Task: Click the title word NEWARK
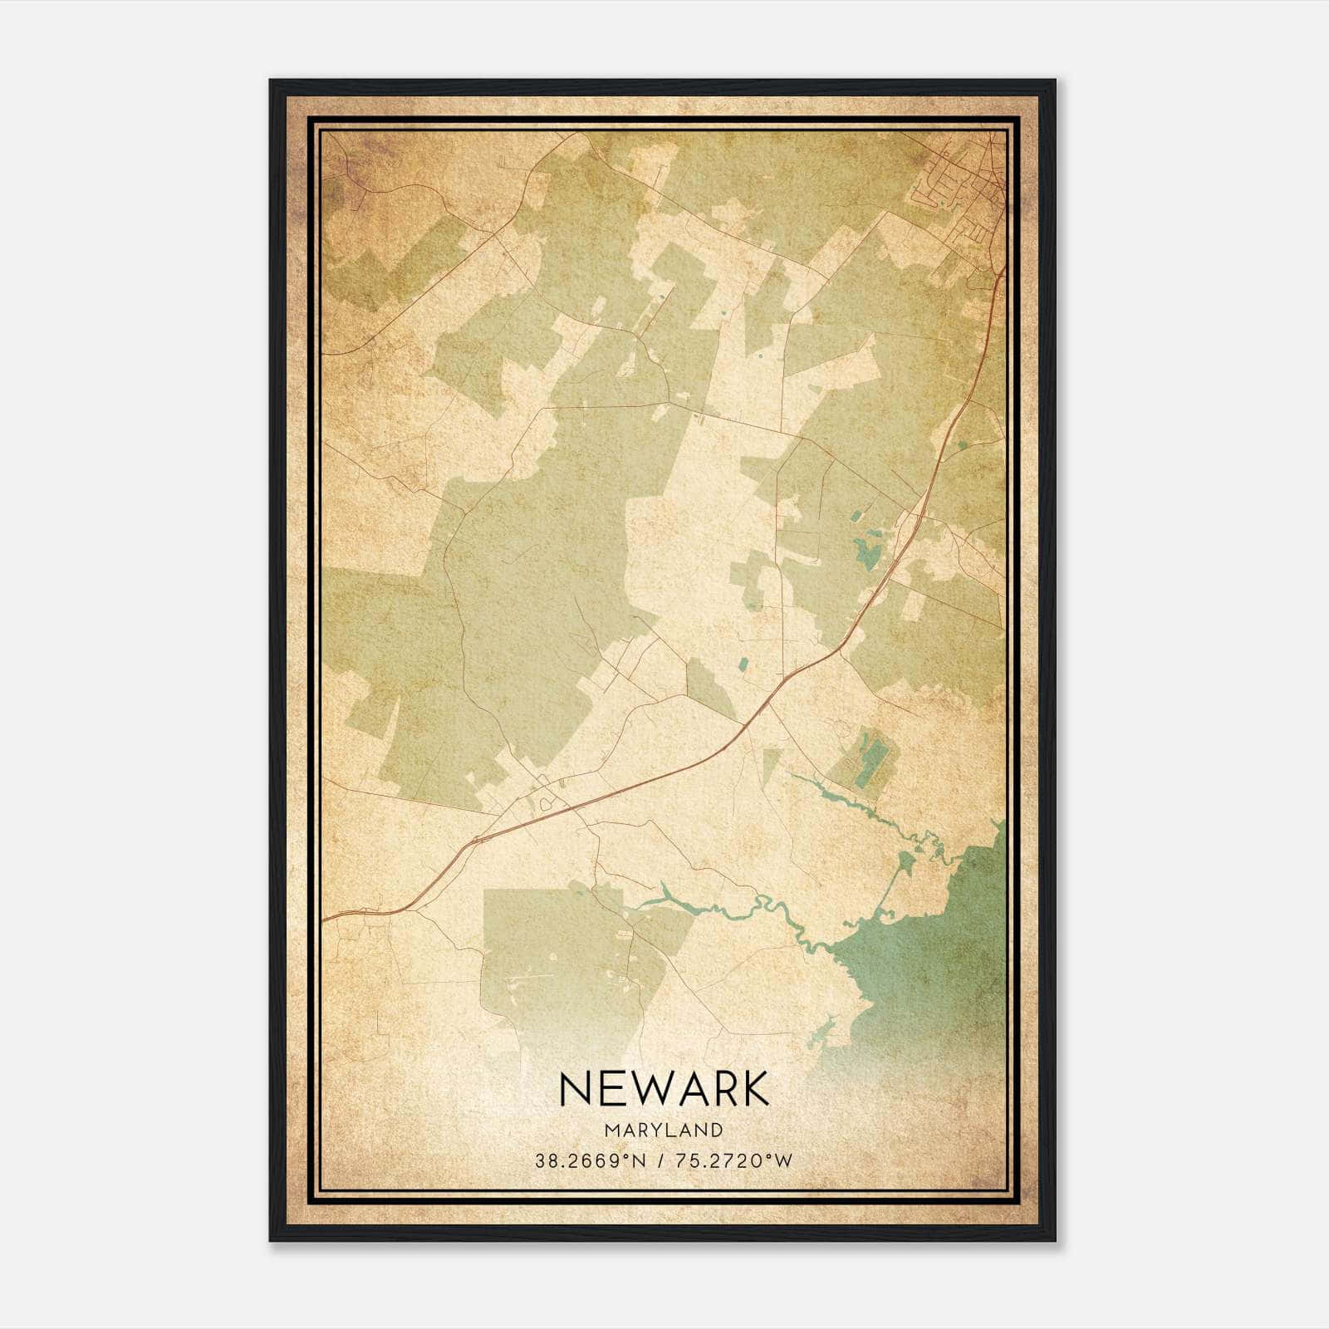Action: point(664,1089)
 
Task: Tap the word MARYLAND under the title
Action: point(664,1130)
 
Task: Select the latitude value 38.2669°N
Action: point(590,1161)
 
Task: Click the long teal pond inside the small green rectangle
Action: point(872,762)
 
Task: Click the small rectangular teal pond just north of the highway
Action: point(743,664)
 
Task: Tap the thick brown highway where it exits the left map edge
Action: point(328,919)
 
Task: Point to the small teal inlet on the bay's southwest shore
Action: point(822,1034)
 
